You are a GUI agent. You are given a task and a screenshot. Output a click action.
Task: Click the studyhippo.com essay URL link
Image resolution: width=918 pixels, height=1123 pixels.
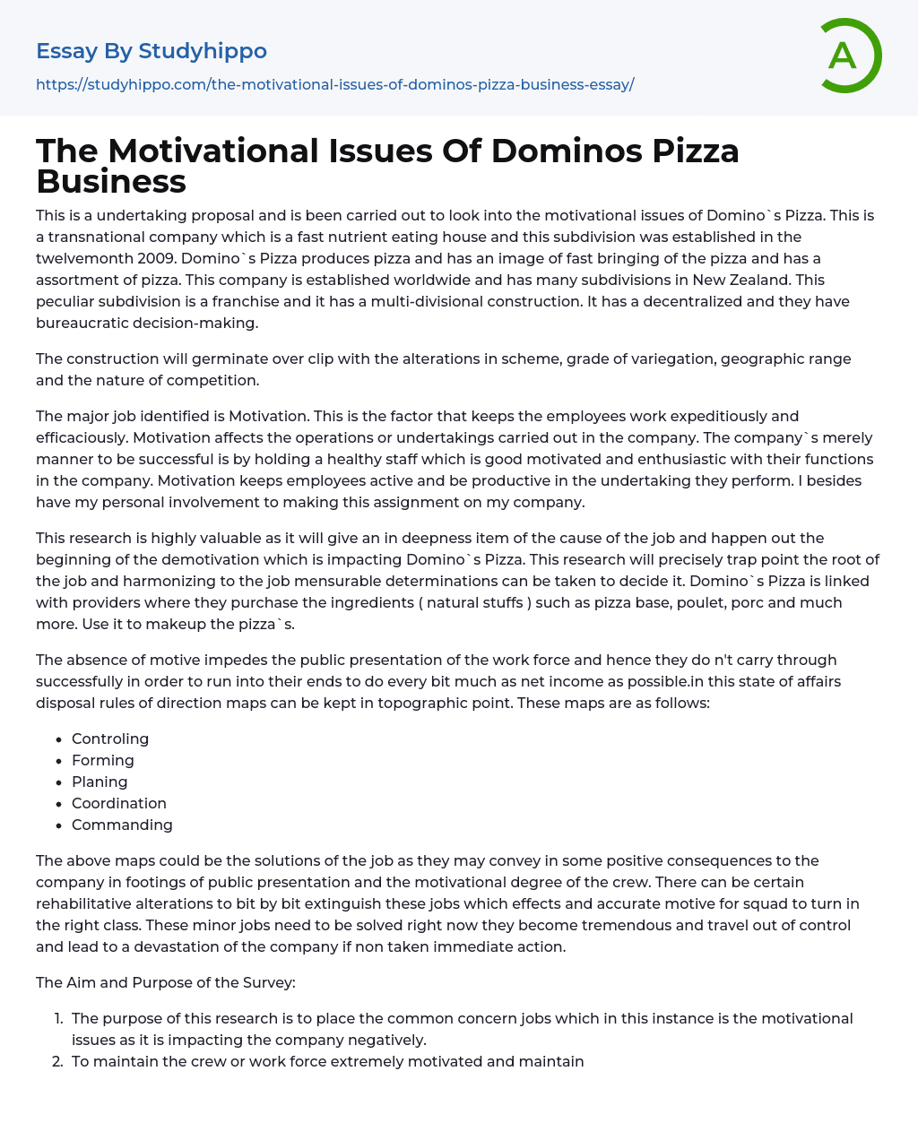click(x=334, y=84)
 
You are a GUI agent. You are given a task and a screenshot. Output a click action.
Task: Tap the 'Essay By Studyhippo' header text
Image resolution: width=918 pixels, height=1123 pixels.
click(x=152, y=51)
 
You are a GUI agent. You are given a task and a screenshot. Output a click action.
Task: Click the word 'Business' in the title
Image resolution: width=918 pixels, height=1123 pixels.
click(x=111, y=181)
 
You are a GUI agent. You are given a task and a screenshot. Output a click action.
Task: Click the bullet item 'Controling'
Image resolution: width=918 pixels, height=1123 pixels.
click(x=110, y=739)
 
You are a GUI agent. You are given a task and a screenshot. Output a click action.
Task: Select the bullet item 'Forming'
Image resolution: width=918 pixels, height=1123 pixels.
click(x=103, y=760)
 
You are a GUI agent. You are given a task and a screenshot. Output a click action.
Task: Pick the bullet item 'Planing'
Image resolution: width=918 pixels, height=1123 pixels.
click(x=100, y=782)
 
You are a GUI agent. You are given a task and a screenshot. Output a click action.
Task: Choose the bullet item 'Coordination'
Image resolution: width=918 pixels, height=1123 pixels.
click(x=119, y=803)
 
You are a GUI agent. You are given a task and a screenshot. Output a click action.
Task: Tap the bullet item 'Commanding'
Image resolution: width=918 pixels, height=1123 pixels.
click(x=122, y=825)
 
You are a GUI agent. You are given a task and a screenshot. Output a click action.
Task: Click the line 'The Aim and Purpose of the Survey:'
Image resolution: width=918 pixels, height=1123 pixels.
click(x=166, y=982)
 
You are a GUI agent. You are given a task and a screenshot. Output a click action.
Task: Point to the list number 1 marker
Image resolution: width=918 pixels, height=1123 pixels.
click(x=58, y=1018)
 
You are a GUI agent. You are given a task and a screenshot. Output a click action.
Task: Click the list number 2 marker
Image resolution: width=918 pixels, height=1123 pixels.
click(x=58, y=1061)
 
